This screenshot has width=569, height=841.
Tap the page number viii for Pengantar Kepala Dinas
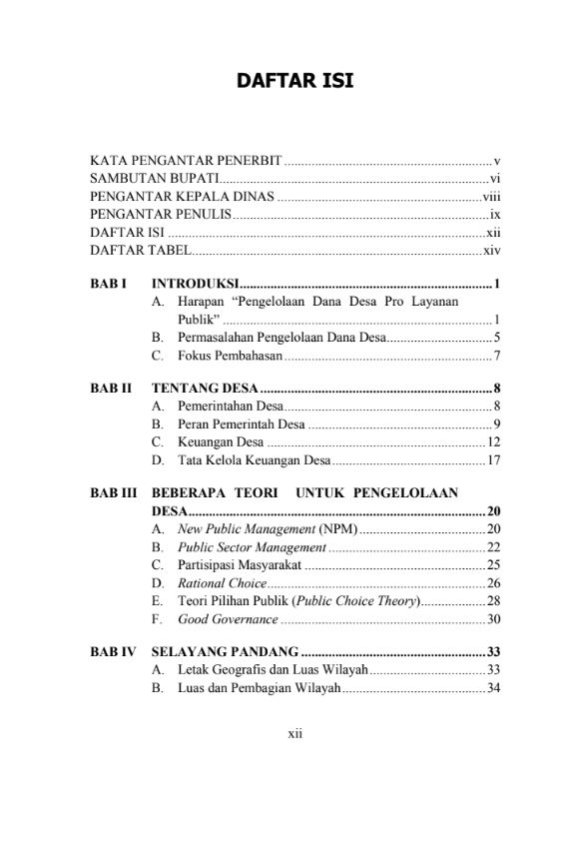490,196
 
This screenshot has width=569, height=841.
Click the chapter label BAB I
108,285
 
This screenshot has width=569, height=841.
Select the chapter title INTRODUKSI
195,285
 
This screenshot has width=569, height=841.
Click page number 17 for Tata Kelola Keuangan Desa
493,459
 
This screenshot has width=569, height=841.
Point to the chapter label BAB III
112,493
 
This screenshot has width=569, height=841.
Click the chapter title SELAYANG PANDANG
225,653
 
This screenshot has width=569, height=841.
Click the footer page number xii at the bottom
294,733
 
